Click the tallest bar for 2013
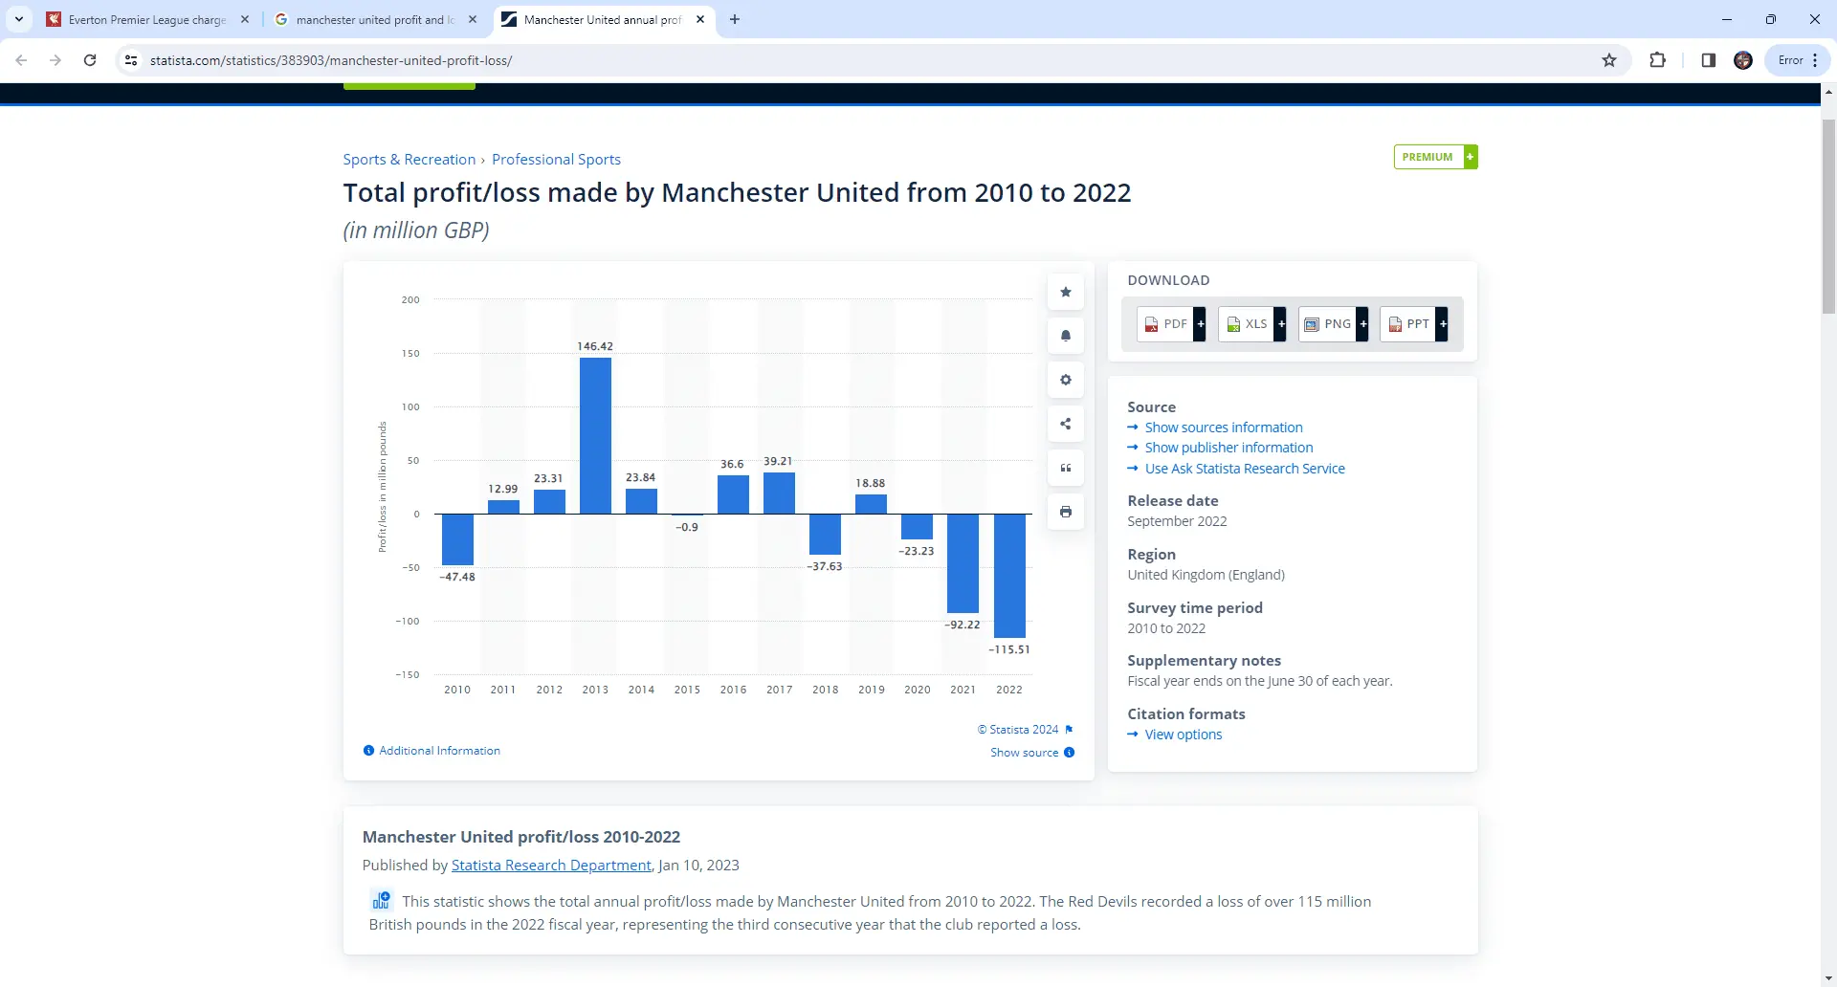(595, 435)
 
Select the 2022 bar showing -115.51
(1009, 576)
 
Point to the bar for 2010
(457, 539)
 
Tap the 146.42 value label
(595, 346)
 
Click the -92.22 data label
(963, 625)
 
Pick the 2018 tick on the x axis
(825, 690)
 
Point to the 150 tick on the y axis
(410, 354)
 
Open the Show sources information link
(1224, 428)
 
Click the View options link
(1184, 735)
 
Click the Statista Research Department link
(551, 866)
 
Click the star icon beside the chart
(1065, 292)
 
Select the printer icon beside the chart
(1065, 512)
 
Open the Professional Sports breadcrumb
(556, 160)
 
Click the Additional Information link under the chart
(439, 751)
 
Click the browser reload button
(90, 60)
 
